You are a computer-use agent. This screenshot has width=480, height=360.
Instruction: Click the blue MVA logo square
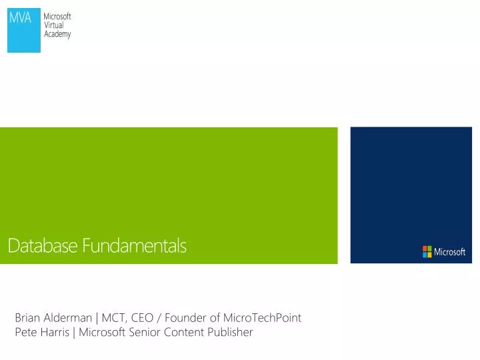[x=24, y=30]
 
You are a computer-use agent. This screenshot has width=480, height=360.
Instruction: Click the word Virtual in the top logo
[x=53, y=25]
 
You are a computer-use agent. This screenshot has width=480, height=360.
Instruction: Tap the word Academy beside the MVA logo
[x=57, y=34]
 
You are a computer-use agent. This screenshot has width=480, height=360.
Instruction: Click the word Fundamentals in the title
[x=135, y=246]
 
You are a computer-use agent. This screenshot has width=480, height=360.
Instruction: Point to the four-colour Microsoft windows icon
[x=427, y=251]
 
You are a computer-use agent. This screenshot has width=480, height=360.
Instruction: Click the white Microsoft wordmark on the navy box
[x=450, y=252]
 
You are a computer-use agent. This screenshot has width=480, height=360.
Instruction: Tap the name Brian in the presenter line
[x=27, y=318]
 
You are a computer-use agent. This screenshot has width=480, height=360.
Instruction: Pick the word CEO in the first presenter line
[x=143, y=318]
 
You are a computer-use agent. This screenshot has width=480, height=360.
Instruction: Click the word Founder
[x=185, y=318]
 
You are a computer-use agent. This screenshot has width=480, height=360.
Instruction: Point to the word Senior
[x=143, y=332]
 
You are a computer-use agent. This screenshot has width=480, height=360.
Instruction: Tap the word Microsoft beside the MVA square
[x=57, y=17]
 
